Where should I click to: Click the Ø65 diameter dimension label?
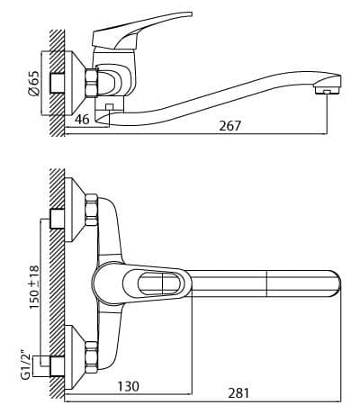(34, 84)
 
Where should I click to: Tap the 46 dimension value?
(82, 120)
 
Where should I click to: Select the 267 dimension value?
(230, 126)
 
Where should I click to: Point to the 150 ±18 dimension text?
(34, 287)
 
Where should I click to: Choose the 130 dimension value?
(128, 386)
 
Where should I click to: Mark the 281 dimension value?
(238, 393)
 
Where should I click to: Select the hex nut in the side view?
(92, 82)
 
